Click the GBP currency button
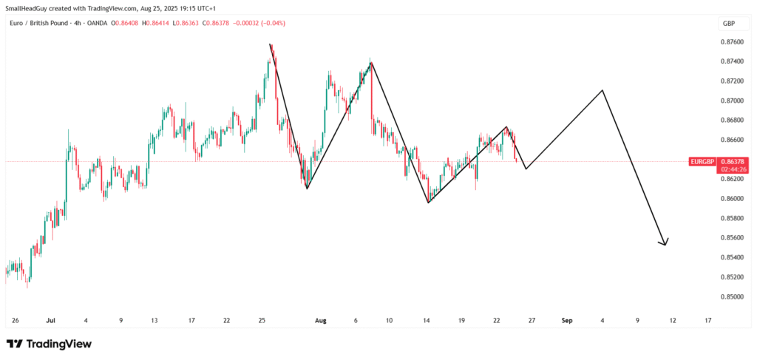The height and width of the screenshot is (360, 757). click(728, 24)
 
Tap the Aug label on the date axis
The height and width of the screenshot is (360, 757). click(320, 321)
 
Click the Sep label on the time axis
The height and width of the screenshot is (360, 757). click(567, 321)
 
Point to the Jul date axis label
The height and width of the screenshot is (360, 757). click(50, 321)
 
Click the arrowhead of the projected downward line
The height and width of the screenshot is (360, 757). click(665, 244)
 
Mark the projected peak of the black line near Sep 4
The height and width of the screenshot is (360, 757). click(603, 90)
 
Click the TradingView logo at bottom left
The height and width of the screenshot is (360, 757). click(49, 344)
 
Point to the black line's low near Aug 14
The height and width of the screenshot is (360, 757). click(428, 203)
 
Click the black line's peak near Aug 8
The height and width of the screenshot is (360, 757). click(371, 62)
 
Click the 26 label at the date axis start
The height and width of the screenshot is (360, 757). click(16, 321)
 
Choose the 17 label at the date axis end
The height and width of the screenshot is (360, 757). click(707, 321)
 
